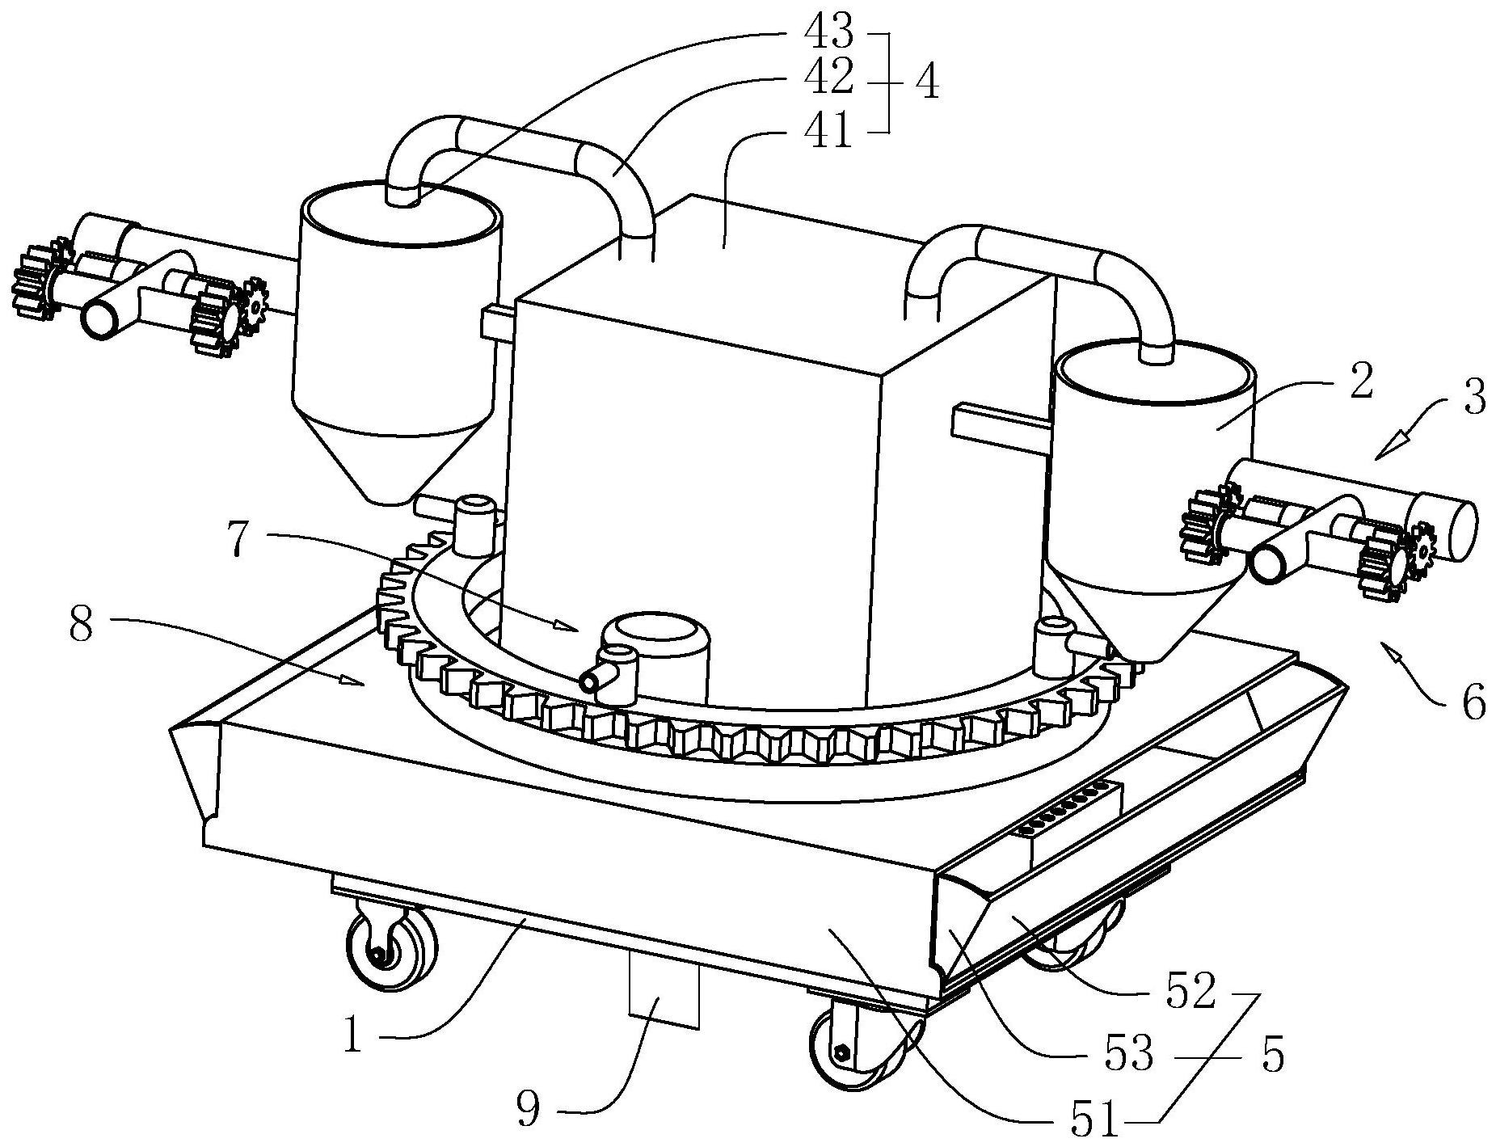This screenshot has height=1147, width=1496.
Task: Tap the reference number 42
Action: [x=828, y=79]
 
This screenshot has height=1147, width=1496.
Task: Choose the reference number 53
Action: [x=1129, y=1056]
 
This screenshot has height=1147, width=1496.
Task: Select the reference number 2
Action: [x=1362, y=383]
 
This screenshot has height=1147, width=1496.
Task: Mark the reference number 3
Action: [x=1474, y=398]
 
